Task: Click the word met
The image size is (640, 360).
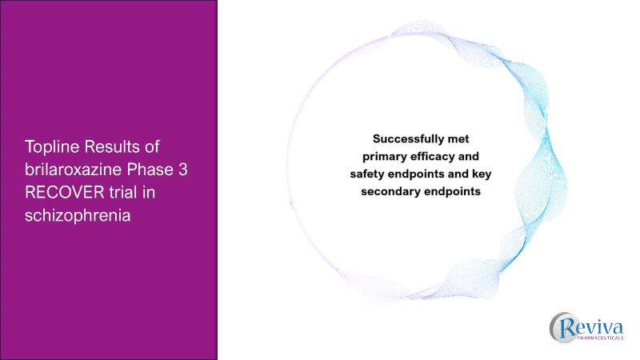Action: [x=467, y=137]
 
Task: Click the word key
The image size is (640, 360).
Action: [x=469, y=174]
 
